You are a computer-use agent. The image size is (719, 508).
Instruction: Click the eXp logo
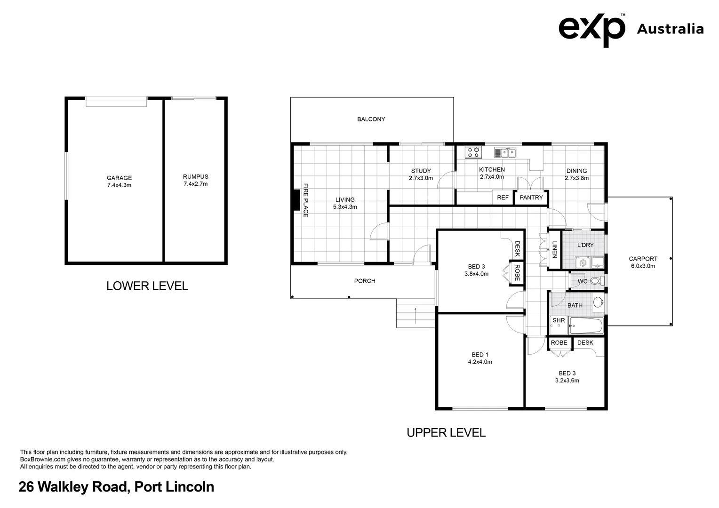592,30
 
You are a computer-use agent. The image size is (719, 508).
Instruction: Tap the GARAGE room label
119,178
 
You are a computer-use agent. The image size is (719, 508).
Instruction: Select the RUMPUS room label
195,176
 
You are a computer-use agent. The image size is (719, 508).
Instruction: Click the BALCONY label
371,119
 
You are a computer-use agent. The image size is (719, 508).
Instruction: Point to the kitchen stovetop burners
473,152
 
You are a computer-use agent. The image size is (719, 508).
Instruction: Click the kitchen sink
505,152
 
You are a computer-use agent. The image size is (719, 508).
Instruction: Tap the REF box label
503,198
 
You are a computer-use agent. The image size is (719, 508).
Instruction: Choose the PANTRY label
531,198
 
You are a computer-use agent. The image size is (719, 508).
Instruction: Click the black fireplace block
296,200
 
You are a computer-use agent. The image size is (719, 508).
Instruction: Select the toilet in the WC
597,281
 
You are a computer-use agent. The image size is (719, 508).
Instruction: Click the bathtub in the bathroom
586,325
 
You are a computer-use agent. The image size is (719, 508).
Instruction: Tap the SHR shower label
559,320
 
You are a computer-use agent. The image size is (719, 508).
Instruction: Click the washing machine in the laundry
583,263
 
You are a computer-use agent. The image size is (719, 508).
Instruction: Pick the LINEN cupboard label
554,250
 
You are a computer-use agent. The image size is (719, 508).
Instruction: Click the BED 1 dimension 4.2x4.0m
480,362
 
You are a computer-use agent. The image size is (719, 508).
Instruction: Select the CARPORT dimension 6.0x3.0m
643,266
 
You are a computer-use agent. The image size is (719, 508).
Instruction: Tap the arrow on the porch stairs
415,316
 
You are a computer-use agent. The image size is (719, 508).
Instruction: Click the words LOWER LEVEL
147,286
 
